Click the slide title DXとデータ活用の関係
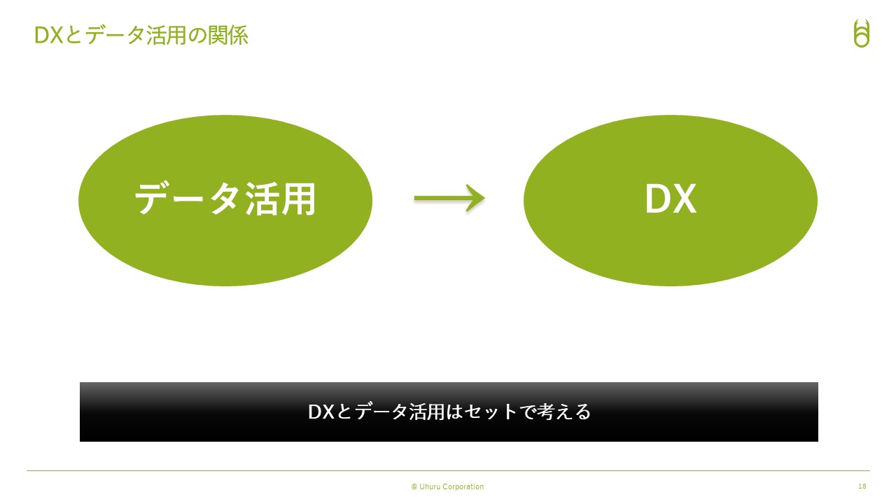(141, 35)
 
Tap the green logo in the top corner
(861, 33)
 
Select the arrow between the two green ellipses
(449, 198)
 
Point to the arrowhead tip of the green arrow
(485, 197)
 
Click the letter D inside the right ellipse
(657, 199)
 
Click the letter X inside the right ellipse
(684, 199)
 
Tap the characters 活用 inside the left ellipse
(281, 199)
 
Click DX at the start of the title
(49, 35)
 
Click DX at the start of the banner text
(321, 412)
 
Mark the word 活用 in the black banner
(426, 412)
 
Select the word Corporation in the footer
(463, 486)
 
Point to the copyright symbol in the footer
(414, 486)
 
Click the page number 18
(862, 486)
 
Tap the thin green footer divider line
(448, 471)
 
